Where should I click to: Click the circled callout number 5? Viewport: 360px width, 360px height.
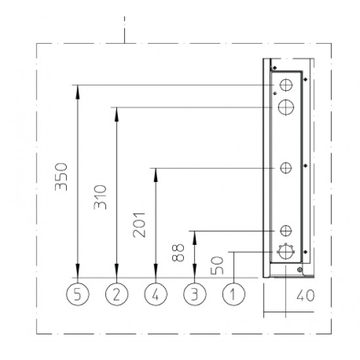(78, 294)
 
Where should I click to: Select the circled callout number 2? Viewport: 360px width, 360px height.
(117, 294)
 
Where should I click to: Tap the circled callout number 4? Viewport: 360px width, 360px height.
(156, 294)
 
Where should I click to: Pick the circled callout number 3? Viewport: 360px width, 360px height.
(194, 294)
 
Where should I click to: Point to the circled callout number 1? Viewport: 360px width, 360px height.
(234, 294)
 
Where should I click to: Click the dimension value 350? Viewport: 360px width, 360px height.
(62, 177)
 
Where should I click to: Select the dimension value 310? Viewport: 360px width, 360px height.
(100, 197)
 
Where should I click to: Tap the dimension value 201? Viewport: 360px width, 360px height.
(139, 225)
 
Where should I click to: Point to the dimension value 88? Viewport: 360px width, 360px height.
(178, 253)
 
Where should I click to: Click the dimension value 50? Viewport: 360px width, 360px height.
(217, 266)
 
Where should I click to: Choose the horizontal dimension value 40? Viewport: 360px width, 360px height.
(306, 295)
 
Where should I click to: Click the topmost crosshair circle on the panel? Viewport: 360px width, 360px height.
(286, 85)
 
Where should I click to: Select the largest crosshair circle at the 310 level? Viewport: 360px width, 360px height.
(286, 107)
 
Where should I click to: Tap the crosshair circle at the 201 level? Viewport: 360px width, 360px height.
(286, 168)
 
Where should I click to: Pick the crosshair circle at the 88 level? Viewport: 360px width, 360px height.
(286, 231)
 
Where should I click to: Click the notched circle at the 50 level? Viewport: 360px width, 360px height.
(285, 252)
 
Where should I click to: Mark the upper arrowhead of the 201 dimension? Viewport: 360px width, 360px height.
(156, 175)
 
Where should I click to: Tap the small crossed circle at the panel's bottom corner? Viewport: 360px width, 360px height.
(300, 270)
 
